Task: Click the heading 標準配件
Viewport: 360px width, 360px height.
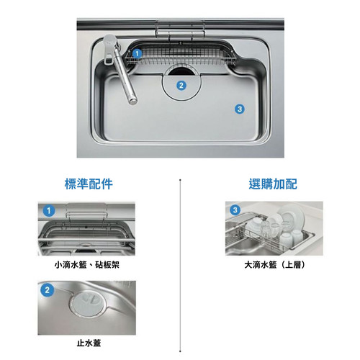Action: [x=89, y=184]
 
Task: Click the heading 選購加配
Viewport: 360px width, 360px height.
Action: [x=273, y=184]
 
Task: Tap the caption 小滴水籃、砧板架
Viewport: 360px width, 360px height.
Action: [x=86, y=265]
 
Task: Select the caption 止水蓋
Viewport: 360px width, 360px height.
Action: [x=89, y=343]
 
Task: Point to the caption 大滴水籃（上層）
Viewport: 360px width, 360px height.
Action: [x=274, y=265]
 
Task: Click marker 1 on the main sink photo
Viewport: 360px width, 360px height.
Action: [x=137, y=53]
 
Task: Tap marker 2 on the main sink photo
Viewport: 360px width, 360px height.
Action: [x=181, y=86]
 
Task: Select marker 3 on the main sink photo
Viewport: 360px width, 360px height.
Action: [x=240, y=109]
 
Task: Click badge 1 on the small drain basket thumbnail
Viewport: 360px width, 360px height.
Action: [x=49, y=211]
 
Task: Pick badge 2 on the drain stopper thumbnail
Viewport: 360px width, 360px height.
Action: [x=47, y=290]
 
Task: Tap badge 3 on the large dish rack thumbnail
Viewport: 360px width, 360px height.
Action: [x=235, y=210]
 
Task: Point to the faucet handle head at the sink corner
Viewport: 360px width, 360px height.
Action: [x=109, y=48]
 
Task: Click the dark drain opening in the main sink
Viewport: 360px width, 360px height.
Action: [x=180, y=71]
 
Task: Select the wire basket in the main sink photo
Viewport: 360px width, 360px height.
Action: [x=181, y=56]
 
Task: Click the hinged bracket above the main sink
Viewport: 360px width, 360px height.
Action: [x=180, y=30]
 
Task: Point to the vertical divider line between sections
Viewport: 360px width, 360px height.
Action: [x=180, y=265]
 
